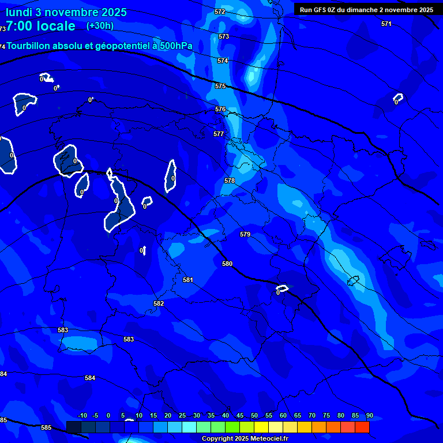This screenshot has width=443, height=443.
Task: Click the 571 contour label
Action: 386,24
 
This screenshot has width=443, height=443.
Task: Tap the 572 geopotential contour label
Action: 220,12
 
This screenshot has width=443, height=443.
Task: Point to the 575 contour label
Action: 220,86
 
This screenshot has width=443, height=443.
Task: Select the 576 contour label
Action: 220,109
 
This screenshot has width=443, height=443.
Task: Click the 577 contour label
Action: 219,134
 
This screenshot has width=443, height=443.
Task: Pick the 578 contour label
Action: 230,181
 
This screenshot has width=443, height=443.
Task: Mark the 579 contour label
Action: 245,234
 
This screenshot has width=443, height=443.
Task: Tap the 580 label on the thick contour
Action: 227,264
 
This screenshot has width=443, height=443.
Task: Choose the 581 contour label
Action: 188,280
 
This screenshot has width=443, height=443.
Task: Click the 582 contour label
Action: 159,303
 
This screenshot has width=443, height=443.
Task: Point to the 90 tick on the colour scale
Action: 369,415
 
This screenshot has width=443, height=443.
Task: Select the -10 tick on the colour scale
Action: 82,415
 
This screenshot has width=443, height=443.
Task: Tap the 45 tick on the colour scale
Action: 239,415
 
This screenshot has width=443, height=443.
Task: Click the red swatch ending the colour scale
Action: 362,427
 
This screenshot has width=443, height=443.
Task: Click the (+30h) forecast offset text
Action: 100,25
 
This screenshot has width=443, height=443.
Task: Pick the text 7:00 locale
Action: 40,26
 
